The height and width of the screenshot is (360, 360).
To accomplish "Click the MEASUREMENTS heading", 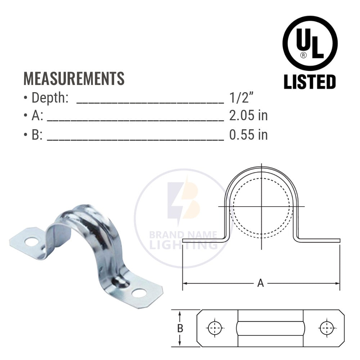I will pos(74,78).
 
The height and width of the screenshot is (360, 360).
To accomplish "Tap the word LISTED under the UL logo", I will pos(310,82).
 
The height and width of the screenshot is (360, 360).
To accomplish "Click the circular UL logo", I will pos(310,43).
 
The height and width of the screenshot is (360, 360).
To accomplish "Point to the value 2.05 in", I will pos(248,116).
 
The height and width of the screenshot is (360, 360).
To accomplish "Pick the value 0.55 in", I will pos(248,135).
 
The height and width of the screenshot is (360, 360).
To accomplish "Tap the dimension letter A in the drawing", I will pos(260,283).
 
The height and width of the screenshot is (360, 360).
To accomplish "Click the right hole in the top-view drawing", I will pos(327,328).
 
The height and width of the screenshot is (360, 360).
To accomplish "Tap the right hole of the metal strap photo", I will pos(139,293).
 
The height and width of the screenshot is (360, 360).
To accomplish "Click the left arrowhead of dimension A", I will pos(184,283).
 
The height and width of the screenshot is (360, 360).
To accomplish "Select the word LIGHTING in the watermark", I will pos(184,245).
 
